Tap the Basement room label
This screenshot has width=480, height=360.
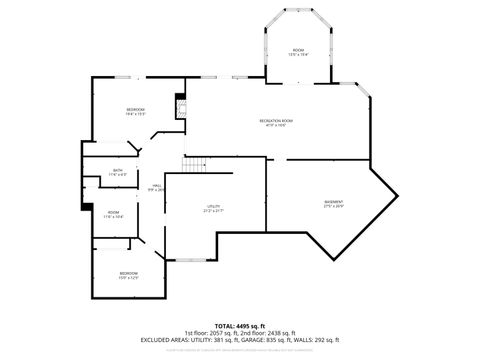coord(333,204)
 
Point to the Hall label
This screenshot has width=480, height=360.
coord(157,186)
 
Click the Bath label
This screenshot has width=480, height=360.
coord(118,173)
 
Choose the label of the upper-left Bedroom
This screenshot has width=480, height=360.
coord(135,111)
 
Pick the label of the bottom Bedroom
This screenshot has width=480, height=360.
coord(129,275)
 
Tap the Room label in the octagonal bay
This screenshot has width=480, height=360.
coord(298,51)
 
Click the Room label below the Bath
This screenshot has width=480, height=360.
coord(114,214)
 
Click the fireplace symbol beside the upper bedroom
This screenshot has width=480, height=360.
coord(180,108)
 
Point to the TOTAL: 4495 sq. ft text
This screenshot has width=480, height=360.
coord(239,325)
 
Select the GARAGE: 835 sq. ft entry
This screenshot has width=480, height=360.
coord(273,339)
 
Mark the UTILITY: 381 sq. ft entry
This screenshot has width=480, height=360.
coord(215,339)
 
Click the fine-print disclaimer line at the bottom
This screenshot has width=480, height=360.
coord(240,349)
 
